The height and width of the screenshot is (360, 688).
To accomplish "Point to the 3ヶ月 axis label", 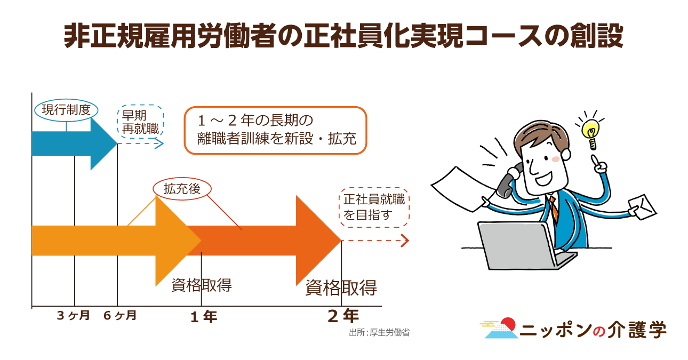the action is click(74, 315).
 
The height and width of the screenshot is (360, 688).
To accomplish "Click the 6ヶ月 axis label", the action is click(120, 315).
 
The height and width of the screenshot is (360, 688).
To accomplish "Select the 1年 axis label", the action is click(204, 317).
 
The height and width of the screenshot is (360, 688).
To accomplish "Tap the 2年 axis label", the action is click(343, 316).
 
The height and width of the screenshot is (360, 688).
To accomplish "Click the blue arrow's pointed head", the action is click(117, 143).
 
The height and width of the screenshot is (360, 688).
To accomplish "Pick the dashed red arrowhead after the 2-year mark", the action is click(405, 241).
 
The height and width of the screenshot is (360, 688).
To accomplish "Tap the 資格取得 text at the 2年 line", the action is click(341, 288).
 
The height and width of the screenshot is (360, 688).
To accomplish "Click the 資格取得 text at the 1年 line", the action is click(202, 285).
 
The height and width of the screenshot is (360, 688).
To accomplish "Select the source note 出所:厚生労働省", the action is click(379, 333).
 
